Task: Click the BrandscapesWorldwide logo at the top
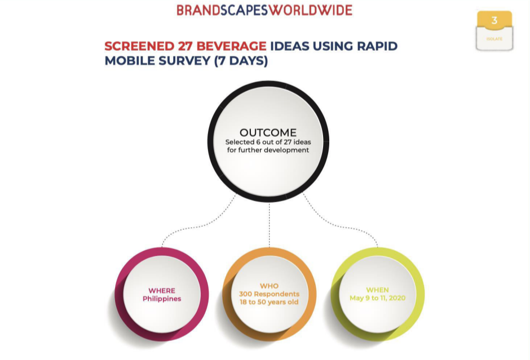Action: (264, 10)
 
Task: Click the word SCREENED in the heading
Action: (138, 46)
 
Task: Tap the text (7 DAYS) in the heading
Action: (241, 61)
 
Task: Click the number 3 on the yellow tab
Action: (494, 21)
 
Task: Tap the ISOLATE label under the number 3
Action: (494, 39)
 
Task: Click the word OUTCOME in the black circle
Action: (268, 132)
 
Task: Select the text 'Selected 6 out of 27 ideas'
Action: (268, 142)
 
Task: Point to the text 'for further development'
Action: (268, 150)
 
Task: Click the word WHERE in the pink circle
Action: (162, 291)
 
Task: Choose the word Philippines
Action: (162, 299)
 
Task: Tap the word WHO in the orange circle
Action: (269, 286)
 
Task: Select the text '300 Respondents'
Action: (269, 294)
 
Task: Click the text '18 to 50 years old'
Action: (269, 302)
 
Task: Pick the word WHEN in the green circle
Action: (378, 290)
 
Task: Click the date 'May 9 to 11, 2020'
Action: (378, 298)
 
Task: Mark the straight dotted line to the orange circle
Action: (270, 225)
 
